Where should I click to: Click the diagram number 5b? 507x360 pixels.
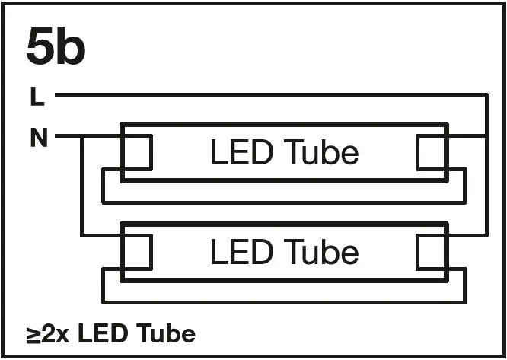click(56, 48)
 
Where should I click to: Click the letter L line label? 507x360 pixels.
click(37, 97)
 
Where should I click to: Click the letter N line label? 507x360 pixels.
click(39, 139)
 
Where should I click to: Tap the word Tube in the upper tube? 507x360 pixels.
click(321, 153)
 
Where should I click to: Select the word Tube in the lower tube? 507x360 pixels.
click(321, 252)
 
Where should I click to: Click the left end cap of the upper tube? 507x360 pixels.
click(136, 152)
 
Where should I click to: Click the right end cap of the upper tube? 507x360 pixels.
click(432, 152)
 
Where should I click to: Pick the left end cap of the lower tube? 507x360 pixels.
click(136, 252)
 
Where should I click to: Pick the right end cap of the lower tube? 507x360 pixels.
click(432, 252)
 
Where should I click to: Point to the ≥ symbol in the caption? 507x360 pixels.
click(33, 334)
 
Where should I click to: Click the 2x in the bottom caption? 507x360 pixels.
click(56, 333)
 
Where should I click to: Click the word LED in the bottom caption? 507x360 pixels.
click(103, 333)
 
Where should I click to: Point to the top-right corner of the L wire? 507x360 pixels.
click(485, 95)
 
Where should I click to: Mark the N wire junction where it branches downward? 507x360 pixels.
click(81, 136)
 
